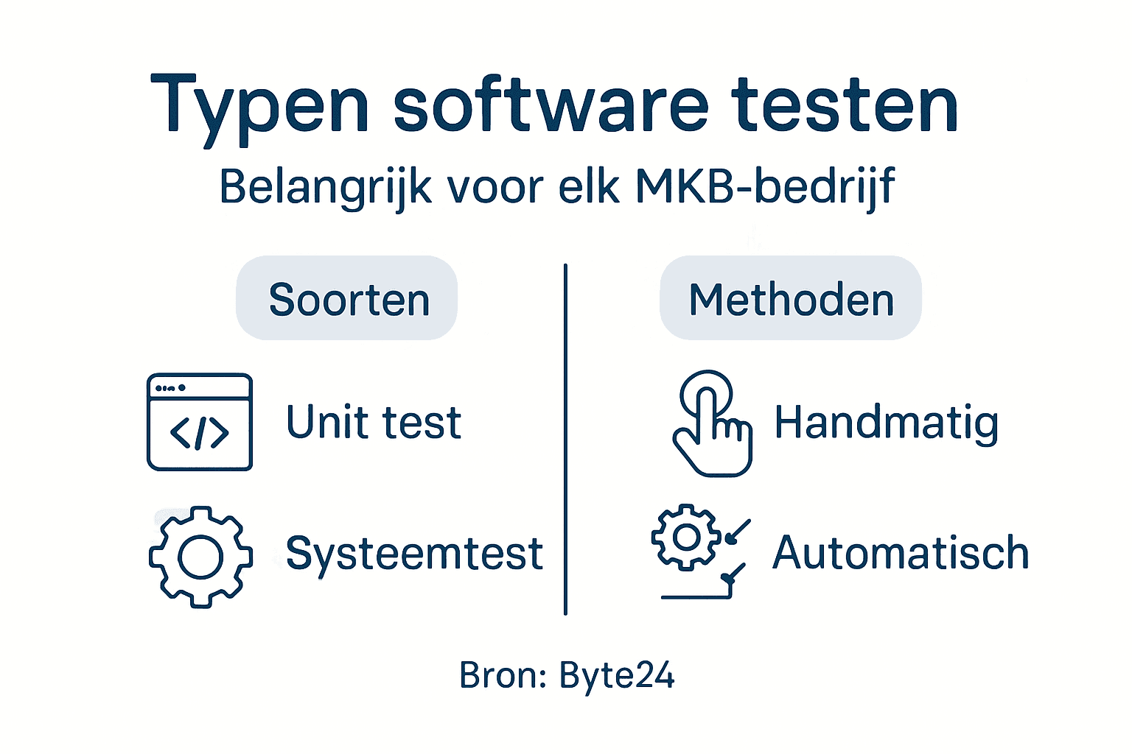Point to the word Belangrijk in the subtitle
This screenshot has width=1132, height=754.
(325, 188)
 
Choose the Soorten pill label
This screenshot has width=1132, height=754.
(348, 299)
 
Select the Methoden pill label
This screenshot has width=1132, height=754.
(791, 299)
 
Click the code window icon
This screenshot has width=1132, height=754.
(200, 421)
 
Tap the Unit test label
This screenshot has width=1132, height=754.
(374, 423)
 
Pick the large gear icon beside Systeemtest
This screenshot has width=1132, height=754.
(200, 557)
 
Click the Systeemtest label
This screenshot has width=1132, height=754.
(414, 554)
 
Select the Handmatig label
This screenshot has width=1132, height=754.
(886, 423)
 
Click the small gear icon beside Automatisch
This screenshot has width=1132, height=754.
(685, 538)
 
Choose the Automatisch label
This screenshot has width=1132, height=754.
(901, 553)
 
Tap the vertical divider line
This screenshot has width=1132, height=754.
(565, 439)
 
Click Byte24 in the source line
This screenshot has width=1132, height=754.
(617, 675)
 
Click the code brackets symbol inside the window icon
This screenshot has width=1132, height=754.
(200, 433)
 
